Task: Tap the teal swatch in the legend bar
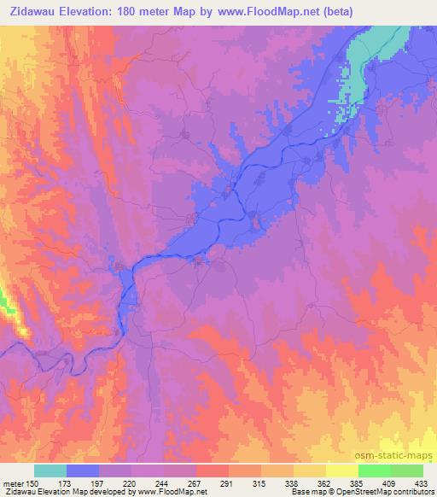tap(50, 471)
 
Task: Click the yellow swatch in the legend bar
tap(341, 471)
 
